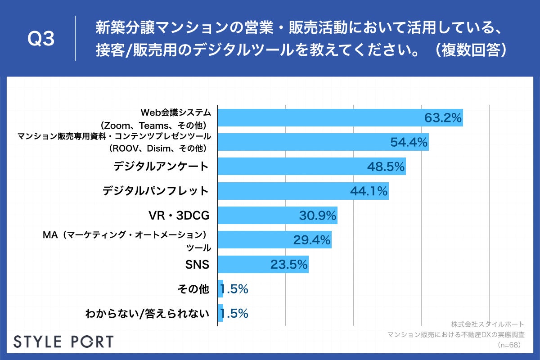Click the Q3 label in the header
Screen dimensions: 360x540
(41, 39)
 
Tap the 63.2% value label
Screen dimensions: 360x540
(443, 118)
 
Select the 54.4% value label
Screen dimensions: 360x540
(409, 143)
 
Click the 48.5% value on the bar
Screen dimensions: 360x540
(386, 167)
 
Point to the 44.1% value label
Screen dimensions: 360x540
(369, 191)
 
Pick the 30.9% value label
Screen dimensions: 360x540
(318, 216)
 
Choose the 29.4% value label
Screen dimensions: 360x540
(312, 240)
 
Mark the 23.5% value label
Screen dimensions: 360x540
(289, 264)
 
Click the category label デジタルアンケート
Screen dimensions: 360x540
(161, 166)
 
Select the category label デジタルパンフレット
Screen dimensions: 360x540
(156, 191)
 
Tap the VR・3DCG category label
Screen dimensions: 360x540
(179, 216)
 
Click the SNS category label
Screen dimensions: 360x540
(197, 265)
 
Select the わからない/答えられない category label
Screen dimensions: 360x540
(148, 313)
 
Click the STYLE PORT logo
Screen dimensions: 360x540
(63, 341)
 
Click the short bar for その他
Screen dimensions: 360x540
(220, 288)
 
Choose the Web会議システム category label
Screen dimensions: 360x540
(174, 112)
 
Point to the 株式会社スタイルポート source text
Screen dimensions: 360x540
(487, 324)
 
